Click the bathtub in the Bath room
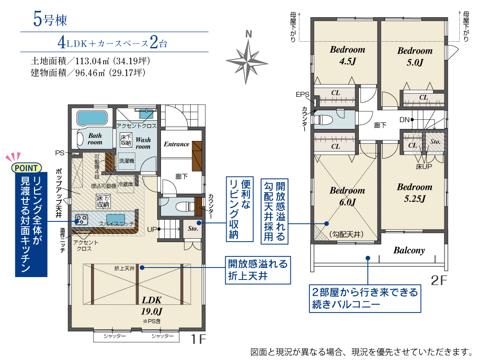(x=92, y=118)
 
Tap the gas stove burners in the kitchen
(x=81, y=220)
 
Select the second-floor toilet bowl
(x=323, y=120)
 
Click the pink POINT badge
(x=26, y=168)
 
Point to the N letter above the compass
(x=249, y=34)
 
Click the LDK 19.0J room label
(x=152, y=306)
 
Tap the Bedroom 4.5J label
(x=348, y=55)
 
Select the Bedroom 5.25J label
(x=414, y=193)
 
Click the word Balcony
(x=409, y=250)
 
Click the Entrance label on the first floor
(x=177, y=144)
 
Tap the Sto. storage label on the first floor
(x=193, y=229)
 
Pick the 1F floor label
(x=198, y=339)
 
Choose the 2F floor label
(x=439, y=280)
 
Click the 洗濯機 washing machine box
(x=126, y=161)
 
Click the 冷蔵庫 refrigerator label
(x=125, y=184)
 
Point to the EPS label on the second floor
(x=302, y=95)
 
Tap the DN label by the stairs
(x=404, y=120)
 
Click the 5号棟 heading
(x=50, y=19)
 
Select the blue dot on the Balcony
(x=368, y=258)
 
